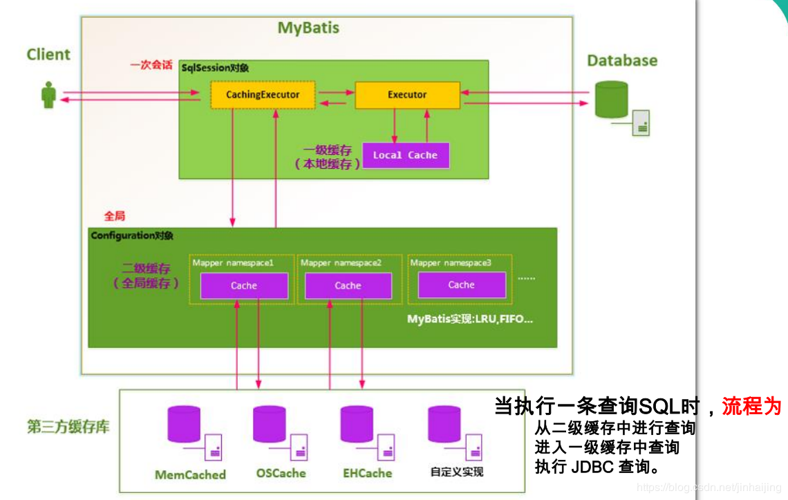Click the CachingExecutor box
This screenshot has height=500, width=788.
[263, 95]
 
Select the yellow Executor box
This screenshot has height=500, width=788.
[407, 95]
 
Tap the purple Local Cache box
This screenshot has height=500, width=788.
[406, 156]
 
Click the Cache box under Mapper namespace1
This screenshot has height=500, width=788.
[244, 286]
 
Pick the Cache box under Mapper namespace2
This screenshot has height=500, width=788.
[348, 286]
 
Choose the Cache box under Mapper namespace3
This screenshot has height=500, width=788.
[461, 285]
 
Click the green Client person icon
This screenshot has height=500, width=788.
[48, 95]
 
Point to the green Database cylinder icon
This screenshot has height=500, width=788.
[611, 100]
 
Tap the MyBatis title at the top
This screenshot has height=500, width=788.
[308, 28]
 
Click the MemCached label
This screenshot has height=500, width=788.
[190, 474]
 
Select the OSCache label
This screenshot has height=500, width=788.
[281, 474]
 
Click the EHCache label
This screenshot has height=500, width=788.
[367, 474]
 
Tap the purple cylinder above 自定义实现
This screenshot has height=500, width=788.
[444, 424]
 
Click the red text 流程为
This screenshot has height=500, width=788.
[751, 406]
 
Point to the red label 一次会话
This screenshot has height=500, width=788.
[151, 65]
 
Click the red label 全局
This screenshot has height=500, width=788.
[115, 216]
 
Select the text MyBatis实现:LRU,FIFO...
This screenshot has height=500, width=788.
[470, 320]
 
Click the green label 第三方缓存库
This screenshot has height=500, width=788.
[68, 427]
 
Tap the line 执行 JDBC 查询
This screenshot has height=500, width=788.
[597, 467]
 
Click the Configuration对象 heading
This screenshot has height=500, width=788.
[132, 236]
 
